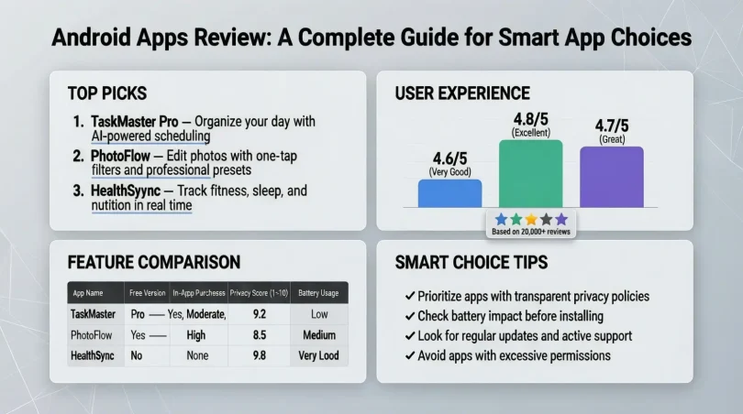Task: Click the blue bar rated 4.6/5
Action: [x=449, y=193]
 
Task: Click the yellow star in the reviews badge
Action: [x=531, y=220]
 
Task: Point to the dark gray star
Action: [x=546, y=220]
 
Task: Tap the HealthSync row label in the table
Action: [x=93, y=354]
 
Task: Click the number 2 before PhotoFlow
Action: [x=79, y=156]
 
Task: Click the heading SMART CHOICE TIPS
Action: [x=471, y=262]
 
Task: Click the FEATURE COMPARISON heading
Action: [x=153, y=262]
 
